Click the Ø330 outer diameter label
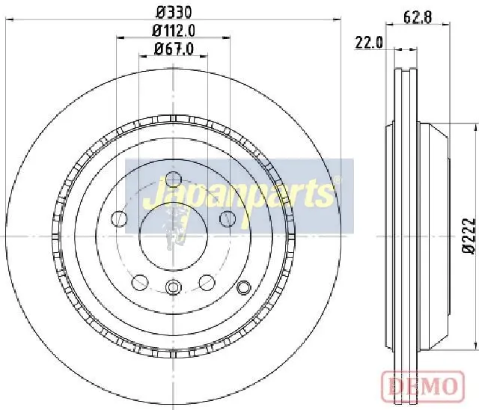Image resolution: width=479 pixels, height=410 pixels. click(174, 12)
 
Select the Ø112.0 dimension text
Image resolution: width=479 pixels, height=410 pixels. click(174, 31)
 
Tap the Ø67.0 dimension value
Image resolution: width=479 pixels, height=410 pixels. click(174, 49)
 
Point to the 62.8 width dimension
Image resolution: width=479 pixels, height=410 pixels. click(418, 17)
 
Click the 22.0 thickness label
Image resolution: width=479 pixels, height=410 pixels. click(369, 43)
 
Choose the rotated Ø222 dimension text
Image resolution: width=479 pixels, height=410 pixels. click(469, 236)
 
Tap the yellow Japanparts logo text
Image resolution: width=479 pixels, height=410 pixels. click(238, 195)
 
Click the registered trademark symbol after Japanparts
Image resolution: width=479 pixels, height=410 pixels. click(337, 180)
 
